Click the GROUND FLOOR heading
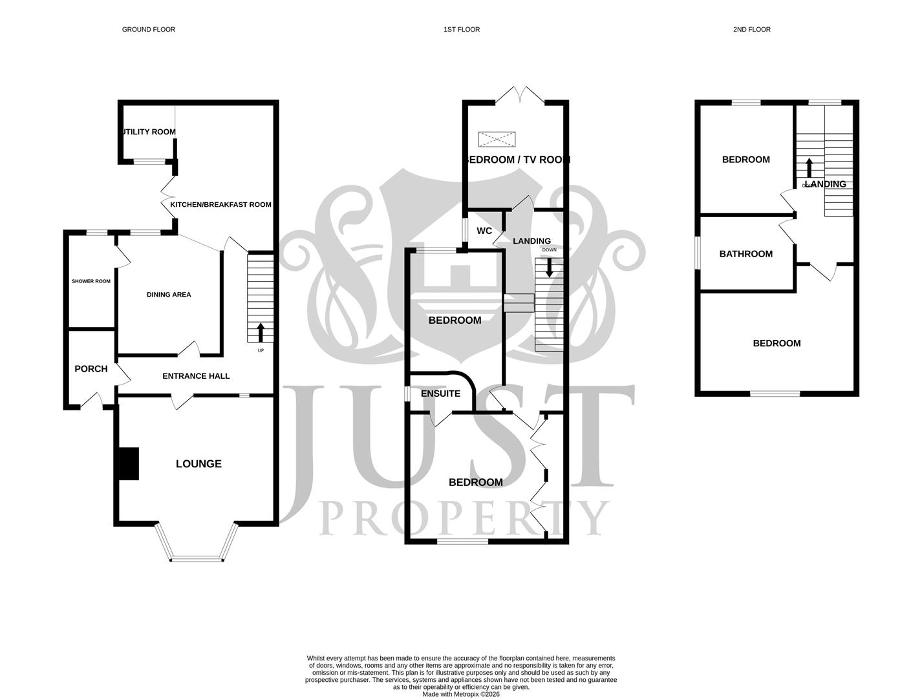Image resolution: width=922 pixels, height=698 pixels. pos(148,29)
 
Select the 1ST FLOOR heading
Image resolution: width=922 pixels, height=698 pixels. pos(461,29)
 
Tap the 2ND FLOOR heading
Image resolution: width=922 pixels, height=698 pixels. pos(751,29)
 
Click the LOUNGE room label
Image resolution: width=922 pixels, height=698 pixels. pos(198,463)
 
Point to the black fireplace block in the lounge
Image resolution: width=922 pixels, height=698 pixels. pos(129,463)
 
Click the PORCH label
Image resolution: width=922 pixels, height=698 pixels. pos(91,368)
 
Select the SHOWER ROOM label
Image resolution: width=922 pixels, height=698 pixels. pos(91,281)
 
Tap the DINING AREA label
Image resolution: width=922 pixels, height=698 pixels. pos(168,295)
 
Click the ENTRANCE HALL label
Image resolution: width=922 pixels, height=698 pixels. pos(195,375)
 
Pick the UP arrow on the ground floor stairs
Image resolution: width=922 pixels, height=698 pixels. pos(261,332)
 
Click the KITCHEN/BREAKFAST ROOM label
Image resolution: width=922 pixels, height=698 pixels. pos(220,204)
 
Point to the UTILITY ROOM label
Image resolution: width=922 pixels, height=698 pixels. pos(148,132)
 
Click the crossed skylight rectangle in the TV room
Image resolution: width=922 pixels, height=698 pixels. pos(497,139)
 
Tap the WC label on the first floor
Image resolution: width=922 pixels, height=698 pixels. pos(484,231)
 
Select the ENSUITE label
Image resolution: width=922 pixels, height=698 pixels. pos(440,393)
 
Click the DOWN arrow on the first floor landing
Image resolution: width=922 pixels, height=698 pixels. pos(549,267)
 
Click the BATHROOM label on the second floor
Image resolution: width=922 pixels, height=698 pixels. pos(745,254)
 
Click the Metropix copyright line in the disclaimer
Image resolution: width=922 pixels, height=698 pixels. pos(460,694)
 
